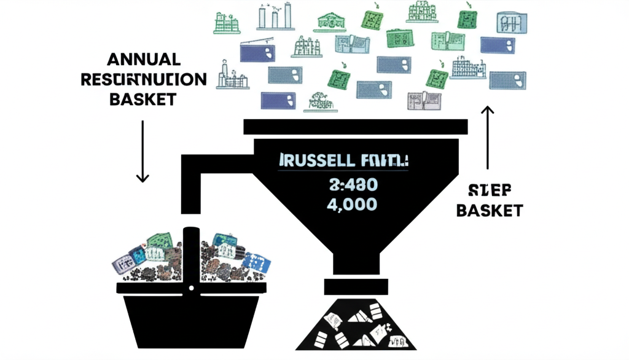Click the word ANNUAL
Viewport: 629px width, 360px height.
tap(144, 60)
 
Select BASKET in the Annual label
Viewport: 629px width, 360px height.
tap(143, 99)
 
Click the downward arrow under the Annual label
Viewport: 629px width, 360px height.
tap(143, 151)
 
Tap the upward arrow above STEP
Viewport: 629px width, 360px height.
tap(488, 137)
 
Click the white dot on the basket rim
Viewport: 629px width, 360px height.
tap(191, 288)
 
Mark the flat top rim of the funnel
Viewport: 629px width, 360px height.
tap(356, 127)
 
